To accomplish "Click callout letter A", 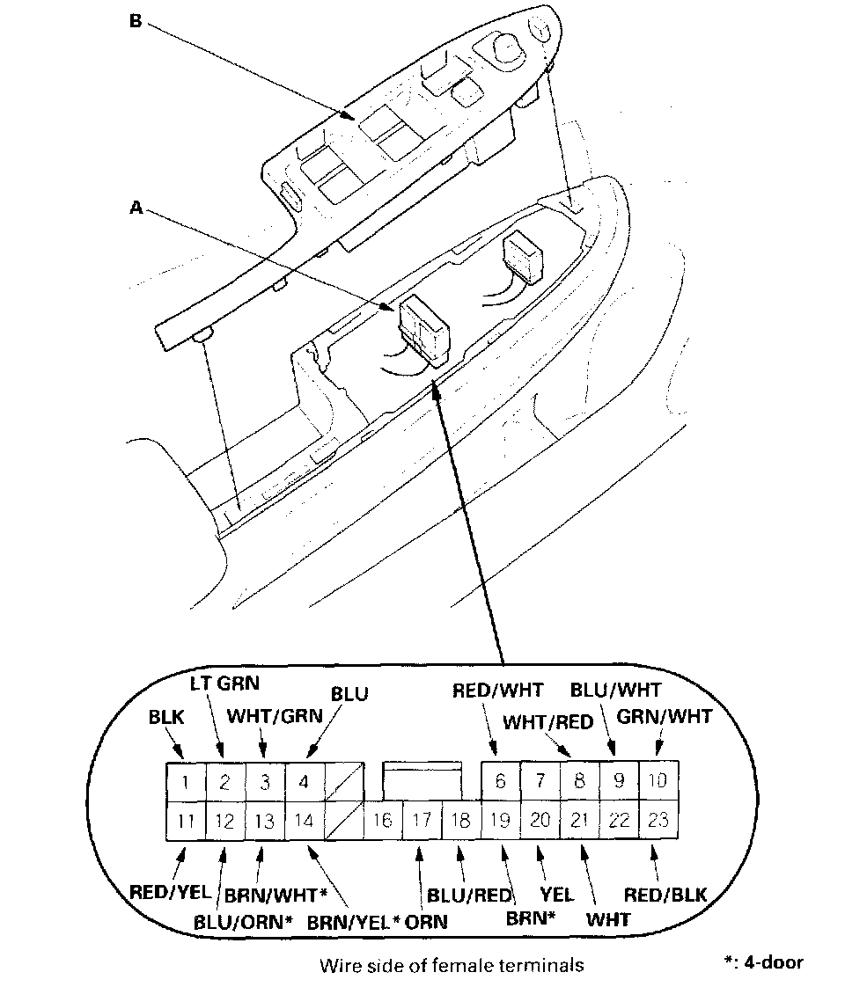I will tap(136, 208).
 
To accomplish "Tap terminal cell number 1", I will tap(186, 782).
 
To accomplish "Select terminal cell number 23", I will tap(658, 820).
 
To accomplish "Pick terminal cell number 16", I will tap(382, 821).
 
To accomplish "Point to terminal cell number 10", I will tap(658, 780).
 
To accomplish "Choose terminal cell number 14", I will tap(304, 821).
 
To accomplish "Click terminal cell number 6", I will tap(501, 780).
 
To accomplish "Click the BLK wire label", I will tap(165, 717).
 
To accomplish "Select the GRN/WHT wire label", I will tap(664, 717).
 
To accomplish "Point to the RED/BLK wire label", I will tap(665, 895).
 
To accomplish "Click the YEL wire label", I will tap(556, 895).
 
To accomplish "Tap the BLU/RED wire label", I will tap(469, 896).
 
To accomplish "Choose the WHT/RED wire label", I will tap(548, 722).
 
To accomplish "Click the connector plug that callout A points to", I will tap(424, 329).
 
